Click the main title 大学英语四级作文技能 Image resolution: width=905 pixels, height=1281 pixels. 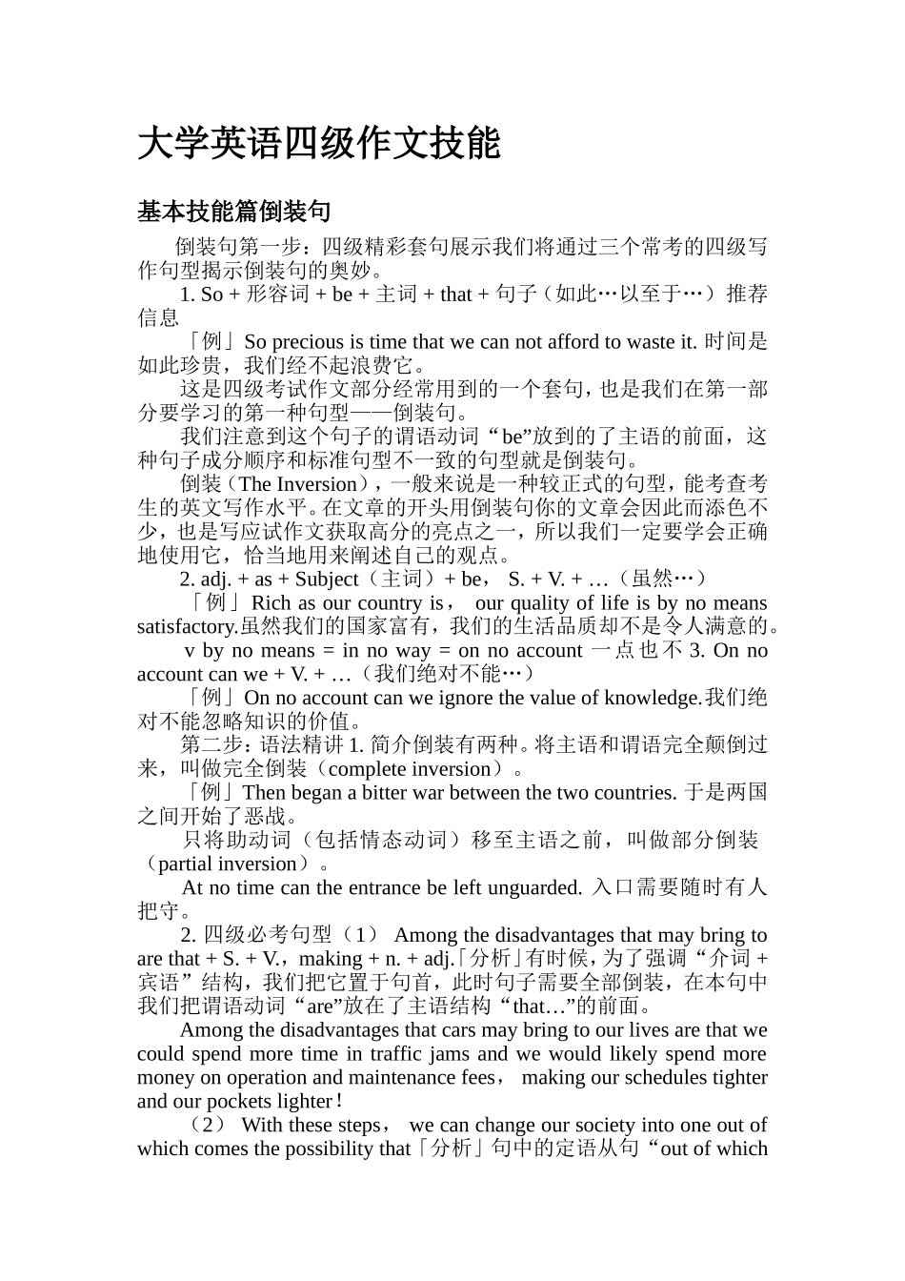(x=318, y=143)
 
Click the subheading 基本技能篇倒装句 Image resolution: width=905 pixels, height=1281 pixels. (x=233, y=212)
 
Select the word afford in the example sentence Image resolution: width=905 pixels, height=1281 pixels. (x=574, y=341)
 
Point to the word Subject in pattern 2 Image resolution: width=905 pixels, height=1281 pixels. (x=327, y=579)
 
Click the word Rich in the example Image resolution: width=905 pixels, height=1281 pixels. (x=271, y=602)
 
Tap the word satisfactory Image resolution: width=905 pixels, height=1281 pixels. (x=187, y=626)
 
